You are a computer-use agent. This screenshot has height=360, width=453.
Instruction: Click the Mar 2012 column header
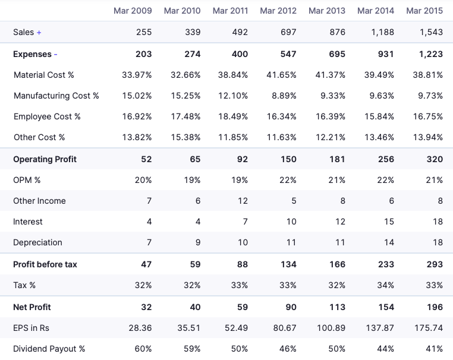pyautogui.click(x=278, y=11)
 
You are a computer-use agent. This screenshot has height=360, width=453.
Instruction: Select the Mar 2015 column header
pyautogui.click(x=424, y=11)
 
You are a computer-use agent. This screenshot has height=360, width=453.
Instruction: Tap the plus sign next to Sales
pyautogui.click(x=39, y=32)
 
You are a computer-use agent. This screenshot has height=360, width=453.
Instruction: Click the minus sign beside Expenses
pyautogui.click(x=56, y=54)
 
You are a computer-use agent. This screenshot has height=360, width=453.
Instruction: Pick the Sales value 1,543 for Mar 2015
pyautogui.click(x=431, y=32)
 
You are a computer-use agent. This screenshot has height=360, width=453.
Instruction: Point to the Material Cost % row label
pyautogui.click(x=44, y=75)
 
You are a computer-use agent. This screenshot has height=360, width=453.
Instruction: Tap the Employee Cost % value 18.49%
pyautogui.click(x=232, y=116)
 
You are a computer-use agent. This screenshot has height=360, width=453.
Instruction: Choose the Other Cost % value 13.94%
pyautogui.click(x=428, y=137)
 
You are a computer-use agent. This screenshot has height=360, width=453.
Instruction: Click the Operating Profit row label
pyautogui.click(x=45, y=159)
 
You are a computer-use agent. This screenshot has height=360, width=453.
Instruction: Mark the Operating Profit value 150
pyautogui.click(x=288, y=159)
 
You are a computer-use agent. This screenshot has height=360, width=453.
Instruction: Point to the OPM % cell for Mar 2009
pyautogui.click(x=143, y=180)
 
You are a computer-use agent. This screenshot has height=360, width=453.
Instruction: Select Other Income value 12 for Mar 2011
pyautogui.click(x=243, y=201)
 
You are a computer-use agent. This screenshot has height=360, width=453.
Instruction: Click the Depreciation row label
pyautogui.click(x=37, y=242)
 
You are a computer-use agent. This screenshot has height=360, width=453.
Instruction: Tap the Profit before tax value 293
pyautogui.click(x=435, y=264)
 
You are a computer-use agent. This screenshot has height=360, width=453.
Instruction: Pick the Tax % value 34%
pyautogui.click(x=385, y=285)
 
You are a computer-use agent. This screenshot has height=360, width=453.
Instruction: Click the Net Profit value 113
pyautogui.click(x=337, y=307)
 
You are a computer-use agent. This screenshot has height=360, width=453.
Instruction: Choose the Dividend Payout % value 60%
pyautogui.click(x=143, y=349)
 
